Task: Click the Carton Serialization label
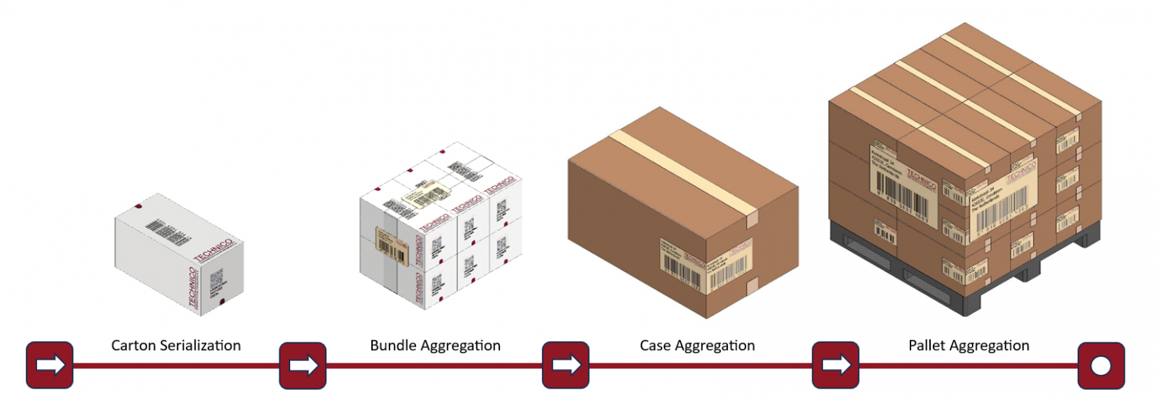point(176,346)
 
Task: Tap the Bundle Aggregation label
point(435,346)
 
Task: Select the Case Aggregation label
point(697,346)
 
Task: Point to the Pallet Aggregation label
point(968,346)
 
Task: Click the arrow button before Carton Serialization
point(50,365)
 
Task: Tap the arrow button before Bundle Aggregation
point(303,365)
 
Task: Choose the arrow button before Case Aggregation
point(565,365)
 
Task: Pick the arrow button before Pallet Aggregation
point(835,365)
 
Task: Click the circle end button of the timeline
point(1101,365)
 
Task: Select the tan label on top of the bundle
point(426,194)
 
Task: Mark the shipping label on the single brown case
point(706,265)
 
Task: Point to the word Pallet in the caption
point(928,346)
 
